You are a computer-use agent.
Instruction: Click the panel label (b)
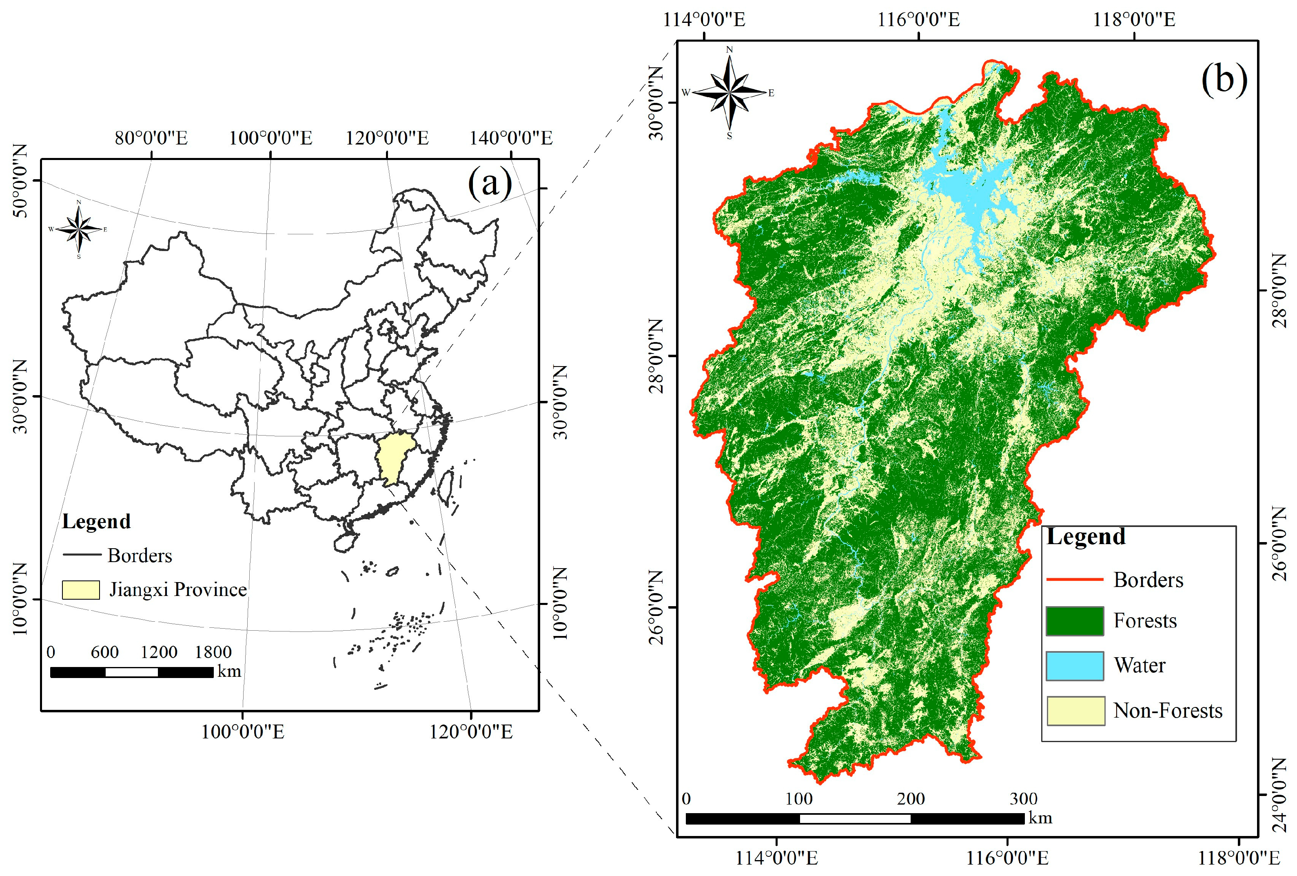1223,79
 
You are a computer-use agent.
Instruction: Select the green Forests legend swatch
1074,621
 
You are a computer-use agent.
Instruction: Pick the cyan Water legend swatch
1074,665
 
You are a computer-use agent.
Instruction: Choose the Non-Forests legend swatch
1075,711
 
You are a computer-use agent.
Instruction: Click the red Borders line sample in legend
1074,580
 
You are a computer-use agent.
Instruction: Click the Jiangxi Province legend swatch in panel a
80,589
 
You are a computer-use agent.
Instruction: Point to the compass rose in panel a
79,229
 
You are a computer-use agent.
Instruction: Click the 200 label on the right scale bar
911,799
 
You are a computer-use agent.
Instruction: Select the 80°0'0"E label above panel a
151,138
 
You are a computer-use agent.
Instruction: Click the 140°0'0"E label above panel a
511,138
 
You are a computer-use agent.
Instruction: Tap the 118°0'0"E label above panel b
1133,20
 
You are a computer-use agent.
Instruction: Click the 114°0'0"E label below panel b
776,858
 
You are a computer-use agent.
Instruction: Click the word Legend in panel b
1086,536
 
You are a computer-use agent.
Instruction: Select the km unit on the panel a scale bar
229,671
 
